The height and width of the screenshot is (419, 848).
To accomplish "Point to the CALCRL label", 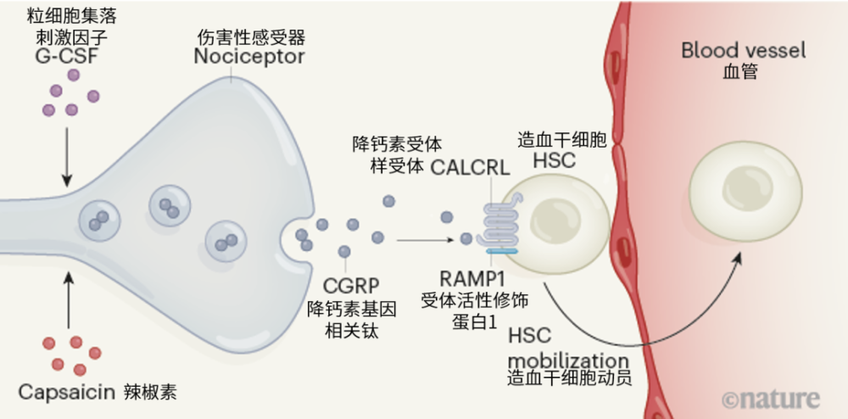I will pyautogui.click(x=470, y=167).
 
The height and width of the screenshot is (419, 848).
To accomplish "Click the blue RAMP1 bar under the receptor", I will pyautogui.click(x=504, y=250).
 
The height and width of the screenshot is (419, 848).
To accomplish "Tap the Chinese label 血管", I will pyautogui.click(x=730, y=72).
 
